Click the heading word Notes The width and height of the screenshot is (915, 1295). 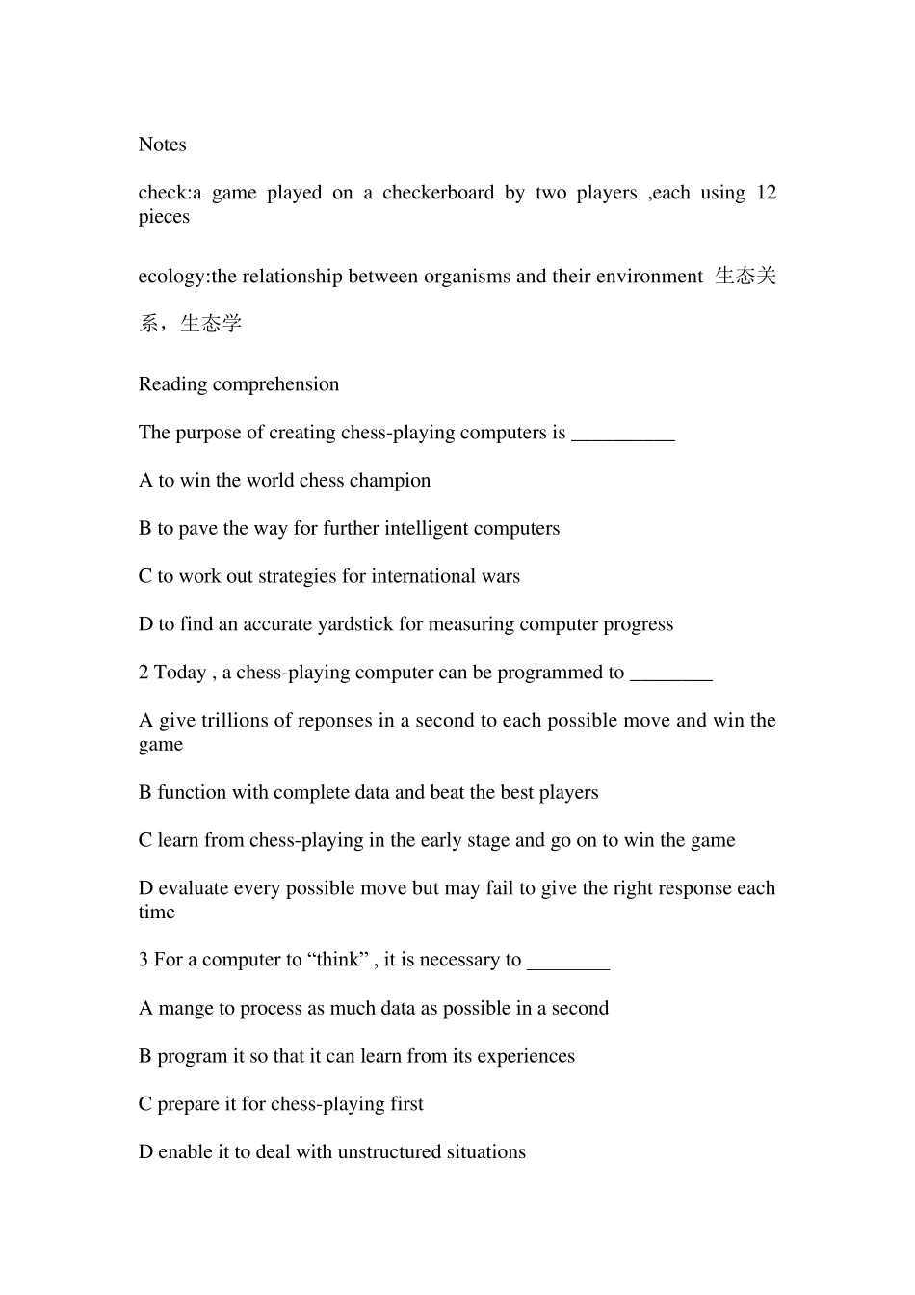click(162, 145)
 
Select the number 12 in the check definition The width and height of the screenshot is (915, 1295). click(766, 193)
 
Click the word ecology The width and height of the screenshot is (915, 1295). click(171, 277)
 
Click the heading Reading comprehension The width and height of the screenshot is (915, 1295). click(239, 384)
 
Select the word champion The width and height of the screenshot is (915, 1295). click(390, 481)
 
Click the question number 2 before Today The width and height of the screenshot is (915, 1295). click(144, 673)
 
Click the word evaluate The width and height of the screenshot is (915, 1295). click(195, 888)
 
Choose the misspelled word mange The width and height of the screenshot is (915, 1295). click(184, 1009)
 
